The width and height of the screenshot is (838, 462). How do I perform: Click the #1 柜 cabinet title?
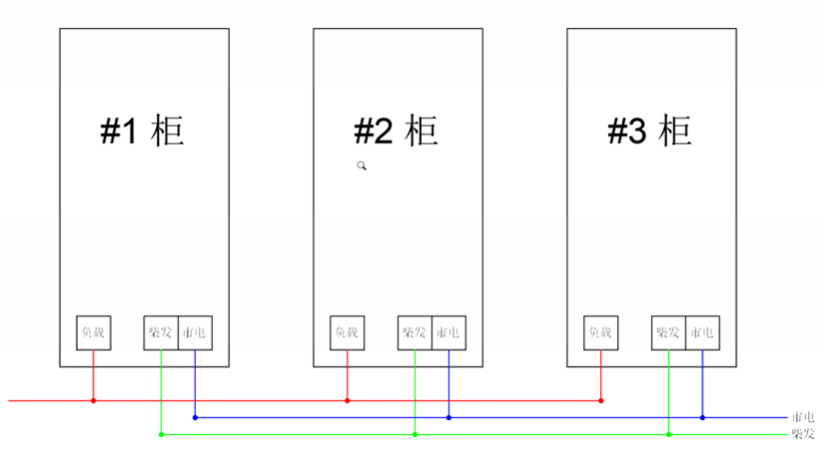143,130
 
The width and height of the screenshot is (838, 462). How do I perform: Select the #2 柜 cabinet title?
396,130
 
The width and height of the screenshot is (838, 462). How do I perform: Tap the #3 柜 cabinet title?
650,130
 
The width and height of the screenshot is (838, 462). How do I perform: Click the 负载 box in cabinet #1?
94,333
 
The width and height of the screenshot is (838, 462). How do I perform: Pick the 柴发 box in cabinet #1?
160,333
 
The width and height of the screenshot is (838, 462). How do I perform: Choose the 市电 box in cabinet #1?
195,333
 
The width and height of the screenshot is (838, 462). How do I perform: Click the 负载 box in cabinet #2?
347,333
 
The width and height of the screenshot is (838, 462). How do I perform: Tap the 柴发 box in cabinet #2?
414,333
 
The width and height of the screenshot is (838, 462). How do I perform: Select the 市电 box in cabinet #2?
449,333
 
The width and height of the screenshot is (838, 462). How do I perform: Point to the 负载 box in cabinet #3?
601,333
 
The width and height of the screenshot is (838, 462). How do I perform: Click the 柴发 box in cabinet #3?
668,333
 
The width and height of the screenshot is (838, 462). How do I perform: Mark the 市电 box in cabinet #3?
703,333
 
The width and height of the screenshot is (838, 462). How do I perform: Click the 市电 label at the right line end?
802,418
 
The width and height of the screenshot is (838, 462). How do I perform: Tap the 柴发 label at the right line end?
802,435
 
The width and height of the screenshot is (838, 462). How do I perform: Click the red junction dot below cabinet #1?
94,401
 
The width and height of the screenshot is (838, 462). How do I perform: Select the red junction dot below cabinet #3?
601,401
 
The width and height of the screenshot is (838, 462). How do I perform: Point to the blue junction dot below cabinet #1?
195,418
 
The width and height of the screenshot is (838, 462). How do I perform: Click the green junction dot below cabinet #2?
414,435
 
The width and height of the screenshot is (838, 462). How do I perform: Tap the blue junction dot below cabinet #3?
703,418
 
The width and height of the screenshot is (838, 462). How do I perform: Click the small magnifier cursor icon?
363,166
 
